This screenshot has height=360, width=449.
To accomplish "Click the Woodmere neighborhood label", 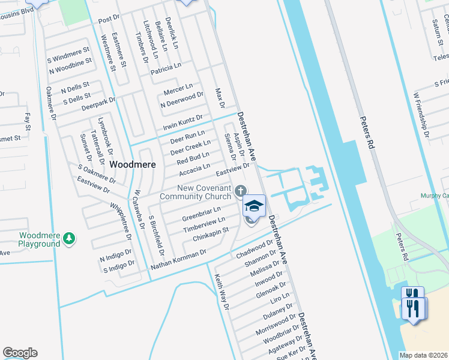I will [133, 164].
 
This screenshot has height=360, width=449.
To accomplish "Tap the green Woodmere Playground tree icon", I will [69, 239].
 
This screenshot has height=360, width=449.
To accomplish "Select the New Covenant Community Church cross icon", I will [240, 191].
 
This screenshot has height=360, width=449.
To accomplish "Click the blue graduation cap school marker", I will [254, 206].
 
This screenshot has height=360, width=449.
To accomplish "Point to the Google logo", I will [20, 353].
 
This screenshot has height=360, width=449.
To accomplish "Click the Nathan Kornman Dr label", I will [178, 260].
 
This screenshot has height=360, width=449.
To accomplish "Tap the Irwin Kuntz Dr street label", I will [183, 123].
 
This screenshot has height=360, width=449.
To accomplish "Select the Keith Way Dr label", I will [222, 292].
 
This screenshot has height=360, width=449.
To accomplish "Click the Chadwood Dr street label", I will [255, 247].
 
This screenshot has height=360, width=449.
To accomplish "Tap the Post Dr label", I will [109, 20].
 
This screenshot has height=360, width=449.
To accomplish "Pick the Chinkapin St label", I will [211, 235].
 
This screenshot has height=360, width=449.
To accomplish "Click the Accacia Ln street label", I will [194, 170].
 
